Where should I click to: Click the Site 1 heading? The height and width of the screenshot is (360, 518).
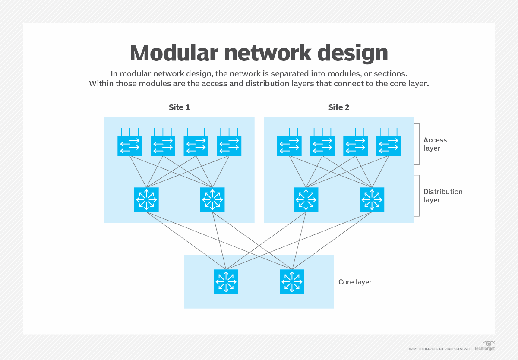(179, 107)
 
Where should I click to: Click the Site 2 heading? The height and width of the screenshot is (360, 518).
(338, 107)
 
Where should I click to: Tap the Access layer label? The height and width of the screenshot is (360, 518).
(435, 144)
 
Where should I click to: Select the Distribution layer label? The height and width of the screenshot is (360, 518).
(443, 196)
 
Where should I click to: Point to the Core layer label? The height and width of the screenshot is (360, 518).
(355, 282)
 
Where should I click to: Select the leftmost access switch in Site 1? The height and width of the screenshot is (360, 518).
(129, 145)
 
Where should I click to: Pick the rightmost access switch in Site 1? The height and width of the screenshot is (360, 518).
(229, 145)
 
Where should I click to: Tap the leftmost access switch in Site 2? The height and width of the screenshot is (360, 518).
(289, 145)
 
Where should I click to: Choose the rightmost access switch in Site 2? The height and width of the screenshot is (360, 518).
(388, 145)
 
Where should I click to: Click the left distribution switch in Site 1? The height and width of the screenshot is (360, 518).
(146, 199)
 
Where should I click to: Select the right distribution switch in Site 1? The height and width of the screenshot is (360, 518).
(212, 199)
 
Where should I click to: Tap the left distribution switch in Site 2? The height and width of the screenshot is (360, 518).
(306, 199)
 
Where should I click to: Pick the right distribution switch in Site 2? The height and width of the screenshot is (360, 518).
(372, 199)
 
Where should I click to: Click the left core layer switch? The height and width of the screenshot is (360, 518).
(226, 282)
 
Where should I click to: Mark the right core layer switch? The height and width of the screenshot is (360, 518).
(292, 282)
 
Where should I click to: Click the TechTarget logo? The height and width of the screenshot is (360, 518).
(485, 346)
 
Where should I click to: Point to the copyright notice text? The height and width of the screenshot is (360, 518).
(440, 349)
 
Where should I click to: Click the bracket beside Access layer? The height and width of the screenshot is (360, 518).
(417, 144)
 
